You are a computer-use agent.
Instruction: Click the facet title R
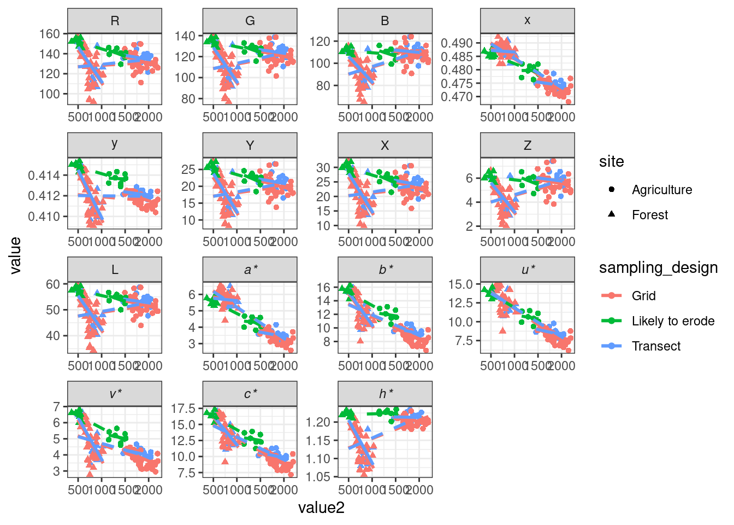coord(115,21)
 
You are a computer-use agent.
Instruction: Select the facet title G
coord(250,21)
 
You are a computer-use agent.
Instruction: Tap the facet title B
coord(385,21)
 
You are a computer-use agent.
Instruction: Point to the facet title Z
coord(527,145)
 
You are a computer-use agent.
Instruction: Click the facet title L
coord(115,270)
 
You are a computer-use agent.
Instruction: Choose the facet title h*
coord(386,394)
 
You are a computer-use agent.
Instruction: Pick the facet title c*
coord(250,394)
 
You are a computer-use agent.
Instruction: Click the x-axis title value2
coord(321,508)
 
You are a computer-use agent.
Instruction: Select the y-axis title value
coord(15,255)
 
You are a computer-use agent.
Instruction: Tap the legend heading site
coord(611,162)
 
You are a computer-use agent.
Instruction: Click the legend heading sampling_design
coord(658,268)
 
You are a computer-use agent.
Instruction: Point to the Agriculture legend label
coord(662,190)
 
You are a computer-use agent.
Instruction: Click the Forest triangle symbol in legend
coord(612,214)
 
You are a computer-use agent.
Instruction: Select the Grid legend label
coord(644,296)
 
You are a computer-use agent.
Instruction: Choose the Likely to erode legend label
coord(673,321)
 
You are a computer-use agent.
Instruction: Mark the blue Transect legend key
coord(612,346)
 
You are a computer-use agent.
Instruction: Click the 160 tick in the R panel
coord(50,34)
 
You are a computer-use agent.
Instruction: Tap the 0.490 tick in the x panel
coord(457,43)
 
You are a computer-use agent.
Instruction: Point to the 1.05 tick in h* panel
coord(318,477)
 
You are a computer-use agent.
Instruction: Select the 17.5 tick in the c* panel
coord(183,409)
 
